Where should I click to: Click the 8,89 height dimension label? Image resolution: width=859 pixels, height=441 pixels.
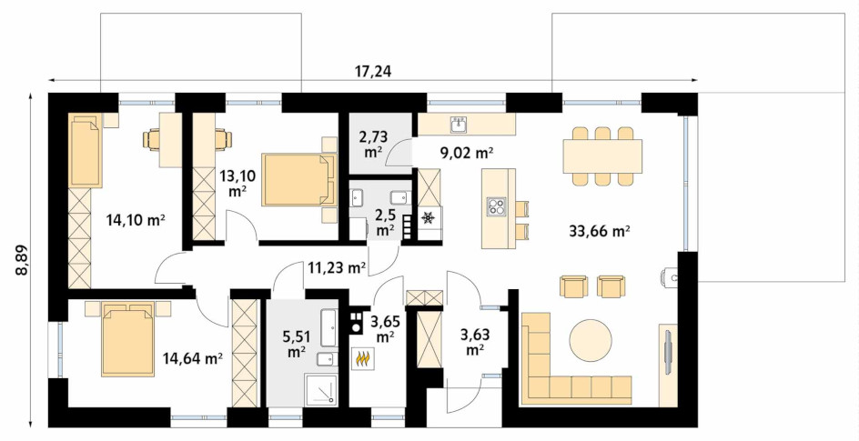(21, 259)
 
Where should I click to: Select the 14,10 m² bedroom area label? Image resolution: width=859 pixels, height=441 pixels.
(136, 220)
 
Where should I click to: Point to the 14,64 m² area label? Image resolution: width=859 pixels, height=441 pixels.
(192, 358)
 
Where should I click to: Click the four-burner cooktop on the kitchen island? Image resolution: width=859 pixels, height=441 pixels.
(498, 206)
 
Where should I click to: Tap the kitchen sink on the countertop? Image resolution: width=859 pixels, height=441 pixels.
(459, 125)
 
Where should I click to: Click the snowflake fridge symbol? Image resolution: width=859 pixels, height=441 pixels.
(428, 217)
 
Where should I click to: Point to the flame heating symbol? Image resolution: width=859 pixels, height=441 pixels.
(363, 358)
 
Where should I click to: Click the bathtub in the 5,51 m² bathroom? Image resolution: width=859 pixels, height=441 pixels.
(328, 327)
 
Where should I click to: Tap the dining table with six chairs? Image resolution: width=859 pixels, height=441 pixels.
(602, 155)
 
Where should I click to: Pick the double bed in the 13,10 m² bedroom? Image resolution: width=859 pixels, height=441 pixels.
(299, 180)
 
